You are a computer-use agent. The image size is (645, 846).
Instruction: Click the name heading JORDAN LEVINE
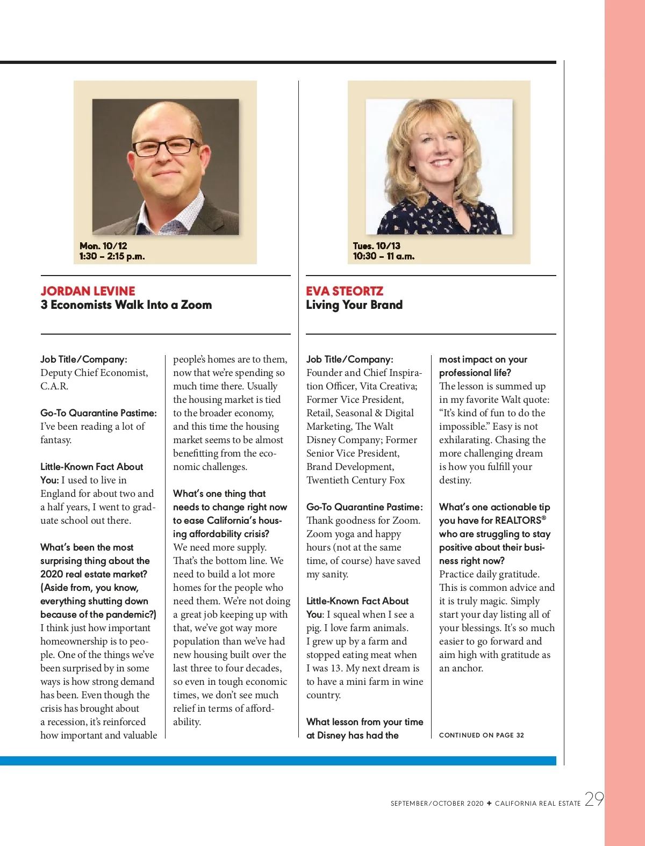[88, 291]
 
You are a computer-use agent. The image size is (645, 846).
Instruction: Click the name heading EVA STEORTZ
[345, 291]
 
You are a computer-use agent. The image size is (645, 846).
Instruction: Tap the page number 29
[594, 799]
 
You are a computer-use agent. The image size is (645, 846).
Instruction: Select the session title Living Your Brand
[354, 305]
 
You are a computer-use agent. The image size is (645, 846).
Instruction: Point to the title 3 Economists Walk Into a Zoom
[126, 305]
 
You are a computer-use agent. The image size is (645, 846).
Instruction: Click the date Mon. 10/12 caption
[103, 246]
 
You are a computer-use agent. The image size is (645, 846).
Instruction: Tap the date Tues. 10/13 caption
[377, 246]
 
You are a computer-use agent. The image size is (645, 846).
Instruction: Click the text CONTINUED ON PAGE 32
[482, 735]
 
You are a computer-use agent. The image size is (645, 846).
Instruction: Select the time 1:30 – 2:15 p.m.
[112, 256]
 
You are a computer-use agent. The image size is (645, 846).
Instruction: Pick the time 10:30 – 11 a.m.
[384, 256]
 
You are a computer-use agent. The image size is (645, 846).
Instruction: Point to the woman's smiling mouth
[441, 161]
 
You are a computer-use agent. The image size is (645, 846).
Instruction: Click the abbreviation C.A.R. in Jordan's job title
[54, 386]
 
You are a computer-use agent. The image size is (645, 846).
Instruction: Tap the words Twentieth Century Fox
[356, 480]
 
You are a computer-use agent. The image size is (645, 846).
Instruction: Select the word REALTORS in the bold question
[518, 520]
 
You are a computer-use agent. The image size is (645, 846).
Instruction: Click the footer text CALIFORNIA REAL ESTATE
[537, 804]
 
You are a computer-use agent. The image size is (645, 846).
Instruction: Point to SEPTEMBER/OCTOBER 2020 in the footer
[437, 804]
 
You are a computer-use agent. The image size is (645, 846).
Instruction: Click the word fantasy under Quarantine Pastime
[55, 440]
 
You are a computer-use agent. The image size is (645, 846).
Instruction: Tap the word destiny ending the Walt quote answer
[454, 480]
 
